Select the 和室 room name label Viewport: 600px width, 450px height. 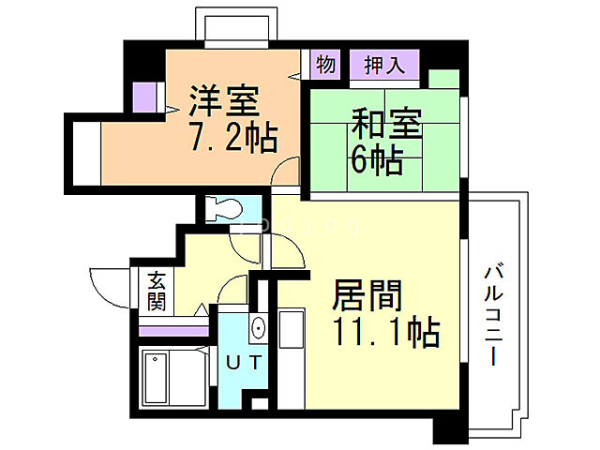click(386, 125)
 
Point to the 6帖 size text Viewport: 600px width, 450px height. click(376, 160)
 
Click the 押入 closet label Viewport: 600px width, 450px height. click(383, 66)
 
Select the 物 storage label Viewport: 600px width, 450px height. click(325, 66)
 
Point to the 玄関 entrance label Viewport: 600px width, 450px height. click(156, 291)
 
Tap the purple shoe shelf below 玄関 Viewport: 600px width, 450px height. click(173, 329)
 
